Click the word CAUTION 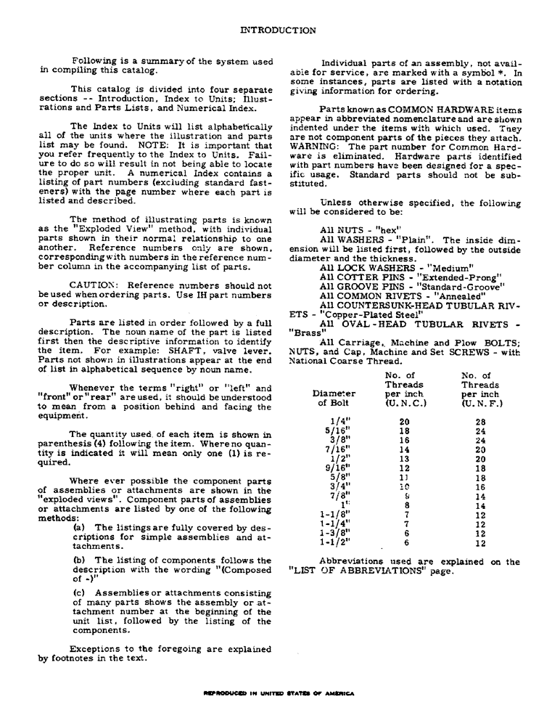[x=91, y=285]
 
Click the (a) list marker [x=79, y=528]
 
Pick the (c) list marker [x=79, y=593]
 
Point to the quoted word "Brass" [x=306, y=333]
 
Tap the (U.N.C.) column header [x=405, y=404]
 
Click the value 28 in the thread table [x=480, y=421]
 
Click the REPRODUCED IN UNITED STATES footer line [x=280, y=693]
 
